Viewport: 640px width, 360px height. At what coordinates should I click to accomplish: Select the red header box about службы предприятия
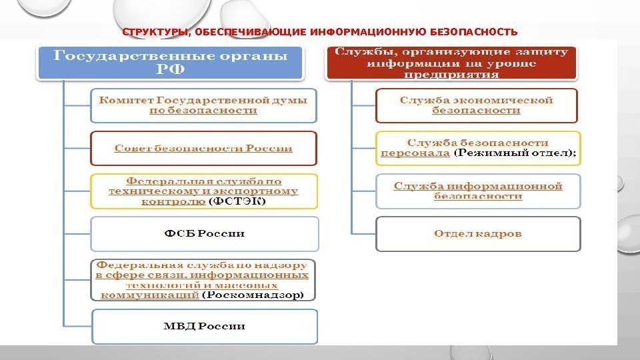click(x=451, y=63)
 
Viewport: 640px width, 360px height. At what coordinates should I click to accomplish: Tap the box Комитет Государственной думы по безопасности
click(x=203, y=106)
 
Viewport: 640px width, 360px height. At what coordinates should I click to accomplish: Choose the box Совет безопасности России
click(x=203, y=147)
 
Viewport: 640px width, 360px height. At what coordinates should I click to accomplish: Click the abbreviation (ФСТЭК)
click(x=237, y=202)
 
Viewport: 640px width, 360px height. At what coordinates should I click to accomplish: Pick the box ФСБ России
click(x=204, y=233)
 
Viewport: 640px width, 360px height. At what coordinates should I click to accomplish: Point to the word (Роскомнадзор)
click(x=253, y=294)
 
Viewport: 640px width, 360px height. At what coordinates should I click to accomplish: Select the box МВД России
click(x=204, y=326)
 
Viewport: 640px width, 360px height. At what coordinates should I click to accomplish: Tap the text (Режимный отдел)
click(x=515, y=153)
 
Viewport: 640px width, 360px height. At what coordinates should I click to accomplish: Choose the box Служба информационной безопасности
click(x=477, y=191)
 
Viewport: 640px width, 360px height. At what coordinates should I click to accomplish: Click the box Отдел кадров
click(x=477, y=233)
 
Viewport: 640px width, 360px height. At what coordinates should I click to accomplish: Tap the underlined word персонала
click(x=415, y=153)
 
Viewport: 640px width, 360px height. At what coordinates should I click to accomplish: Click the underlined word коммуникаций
click(x=149, y=294)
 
